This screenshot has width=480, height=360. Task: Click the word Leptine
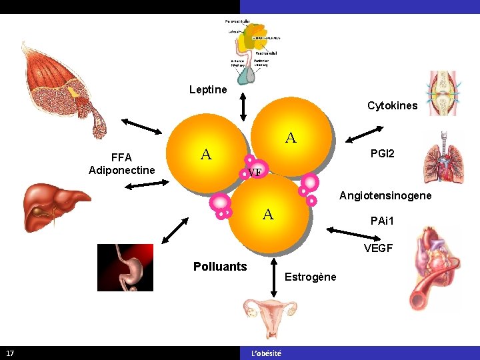coord(208,89)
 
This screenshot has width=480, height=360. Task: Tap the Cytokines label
coord(392,105)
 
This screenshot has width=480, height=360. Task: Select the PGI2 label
coord(382,154)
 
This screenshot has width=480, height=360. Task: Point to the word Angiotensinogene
coord(385,196)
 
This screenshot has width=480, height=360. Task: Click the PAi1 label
coord(383,220)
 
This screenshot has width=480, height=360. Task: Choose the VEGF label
coord(378,249)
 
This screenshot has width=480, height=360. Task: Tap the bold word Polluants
coord(220,267)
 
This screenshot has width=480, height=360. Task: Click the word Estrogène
coord(311,277)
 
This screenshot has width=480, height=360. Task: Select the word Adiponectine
coord(122,170)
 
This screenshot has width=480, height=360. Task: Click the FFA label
coord(121,157)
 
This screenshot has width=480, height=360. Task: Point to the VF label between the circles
coord(254,173)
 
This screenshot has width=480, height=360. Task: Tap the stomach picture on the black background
coord(125,267)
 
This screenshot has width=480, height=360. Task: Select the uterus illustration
coord(271,316)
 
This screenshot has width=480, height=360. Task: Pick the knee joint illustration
coord(443,93)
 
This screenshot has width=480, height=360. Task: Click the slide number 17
coord(10,353)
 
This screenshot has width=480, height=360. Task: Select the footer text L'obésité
coord(266,353)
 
